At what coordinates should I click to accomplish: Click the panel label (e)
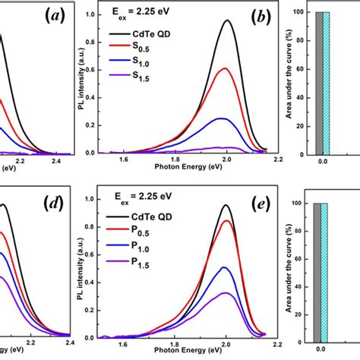[248, 201]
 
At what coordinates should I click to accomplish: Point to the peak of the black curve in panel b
[227, 21]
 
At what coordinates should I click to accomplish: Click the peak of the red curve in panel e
[227, 220]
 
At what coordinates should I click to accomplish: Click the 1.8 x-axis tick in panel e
[176, 346]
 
